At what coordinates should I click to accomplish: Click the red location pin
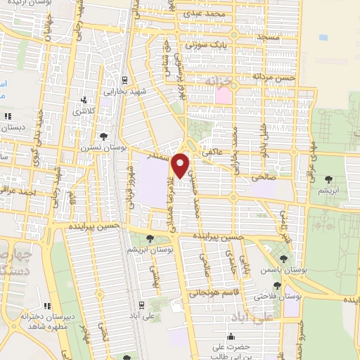pyautogui.click(x=181, y=165)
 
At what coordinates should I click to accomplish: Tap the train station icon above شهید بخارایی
pyautogui.click(x=124, y=80)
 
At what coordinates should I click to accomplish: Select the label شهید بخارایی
pyautogui.click(x=124, y=91)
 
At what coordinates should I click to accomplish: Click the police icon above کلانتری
pyautogui.click(x=84, y=100)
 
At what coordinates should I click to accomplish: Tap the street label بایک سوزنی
pyautogui.click(x=209, y=44)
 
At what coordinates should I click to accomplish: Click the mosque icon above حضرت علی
pyautogui.click(x=231, y=337)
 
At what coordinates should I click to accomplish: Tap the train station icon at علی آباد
pyautogui.click(x=142, y=305)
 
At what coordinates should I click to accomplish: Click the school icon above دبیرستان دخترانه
pyautogui.click(x=49, y=306)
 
